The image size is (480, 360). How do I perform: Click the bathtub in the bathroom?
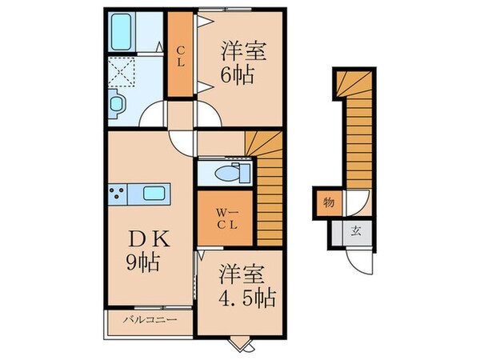tap(128, 31)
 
